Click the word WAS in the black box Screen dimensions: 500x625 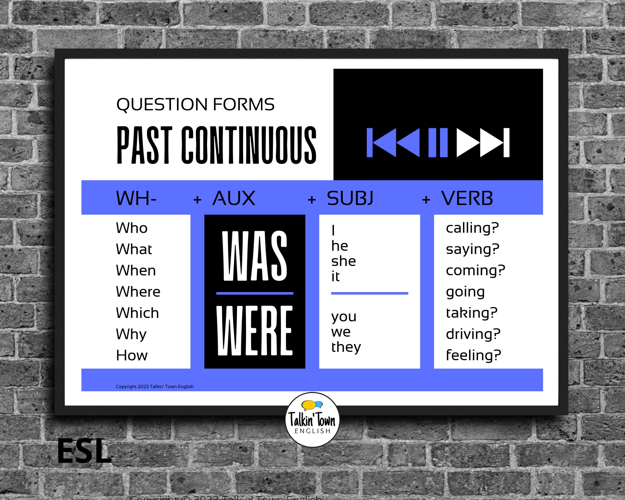tap(254, 256)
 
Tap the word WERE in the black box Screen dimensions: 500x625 tap(254, 330)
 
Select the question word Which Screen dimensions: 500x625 tap(137, 313)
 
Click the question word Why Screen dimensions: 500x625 tap(131, 334)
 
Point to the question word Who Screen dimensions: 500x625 tap(131, 228)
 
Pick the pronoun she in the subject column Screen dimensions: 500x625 tap(343, 261)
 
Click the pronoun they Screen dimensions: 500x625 tap(346, 347)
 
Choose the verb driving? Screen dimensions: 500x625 tap(473, 334)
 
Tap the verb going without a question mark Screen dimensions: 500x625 tap(465, 291)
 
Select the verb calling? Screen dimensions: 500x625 tap(472, 228)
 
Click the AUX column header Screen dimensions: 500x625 tap(234, 198)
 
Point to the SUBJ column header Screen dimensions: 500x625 tap(350, 198)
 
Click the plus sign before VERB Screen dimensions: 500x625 tap(426, 200)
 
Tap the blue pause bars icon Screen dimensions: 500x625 tap(438, 142)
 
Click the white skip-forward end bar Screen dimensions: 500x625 tap(506, 142)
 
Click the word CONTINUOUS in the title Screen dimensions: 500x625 tap(249, 145)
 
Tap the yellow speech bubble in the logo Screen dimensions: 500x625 tap(308, 405)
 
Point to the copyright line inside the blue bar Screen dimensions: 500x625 tap(154, 387)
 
